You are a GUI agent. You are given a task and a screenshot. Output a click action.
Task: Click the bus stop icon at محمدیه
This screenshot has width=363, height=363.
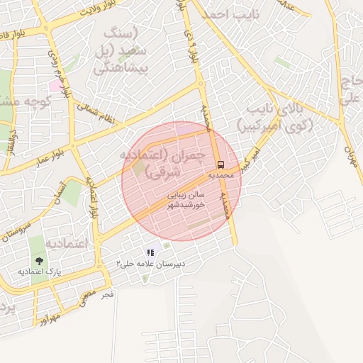pyautogui.click(x=219, y=163)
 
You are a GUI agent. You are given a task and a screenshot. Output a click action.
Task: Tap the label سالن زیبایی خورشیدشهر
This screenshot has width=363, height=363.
pyautogui.click(x=185, y=199)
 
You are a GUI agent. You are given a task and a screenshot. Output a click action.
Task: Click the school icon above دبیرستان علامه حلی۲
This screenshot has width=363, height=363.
pyautogui.click(x=150, y=252)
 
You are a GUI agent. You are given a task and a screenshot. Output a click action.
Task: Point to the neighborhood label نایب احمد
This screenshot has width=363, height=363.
pyautogui.click(x=231, y=15)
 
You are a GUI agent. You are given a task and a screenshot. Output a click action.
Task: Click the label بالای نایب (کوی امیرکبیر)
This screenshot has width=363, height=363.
pyautogui.click(x=280, y=117)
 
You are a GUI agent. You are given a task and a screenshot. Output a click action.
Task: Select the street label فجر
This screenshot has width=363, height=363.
pyautogui.click(x=107, y=293)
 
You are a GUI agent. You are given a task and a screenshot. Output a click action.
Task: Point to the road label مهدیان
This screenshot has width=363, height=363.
pyautogui.click(x=348, y=149)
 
